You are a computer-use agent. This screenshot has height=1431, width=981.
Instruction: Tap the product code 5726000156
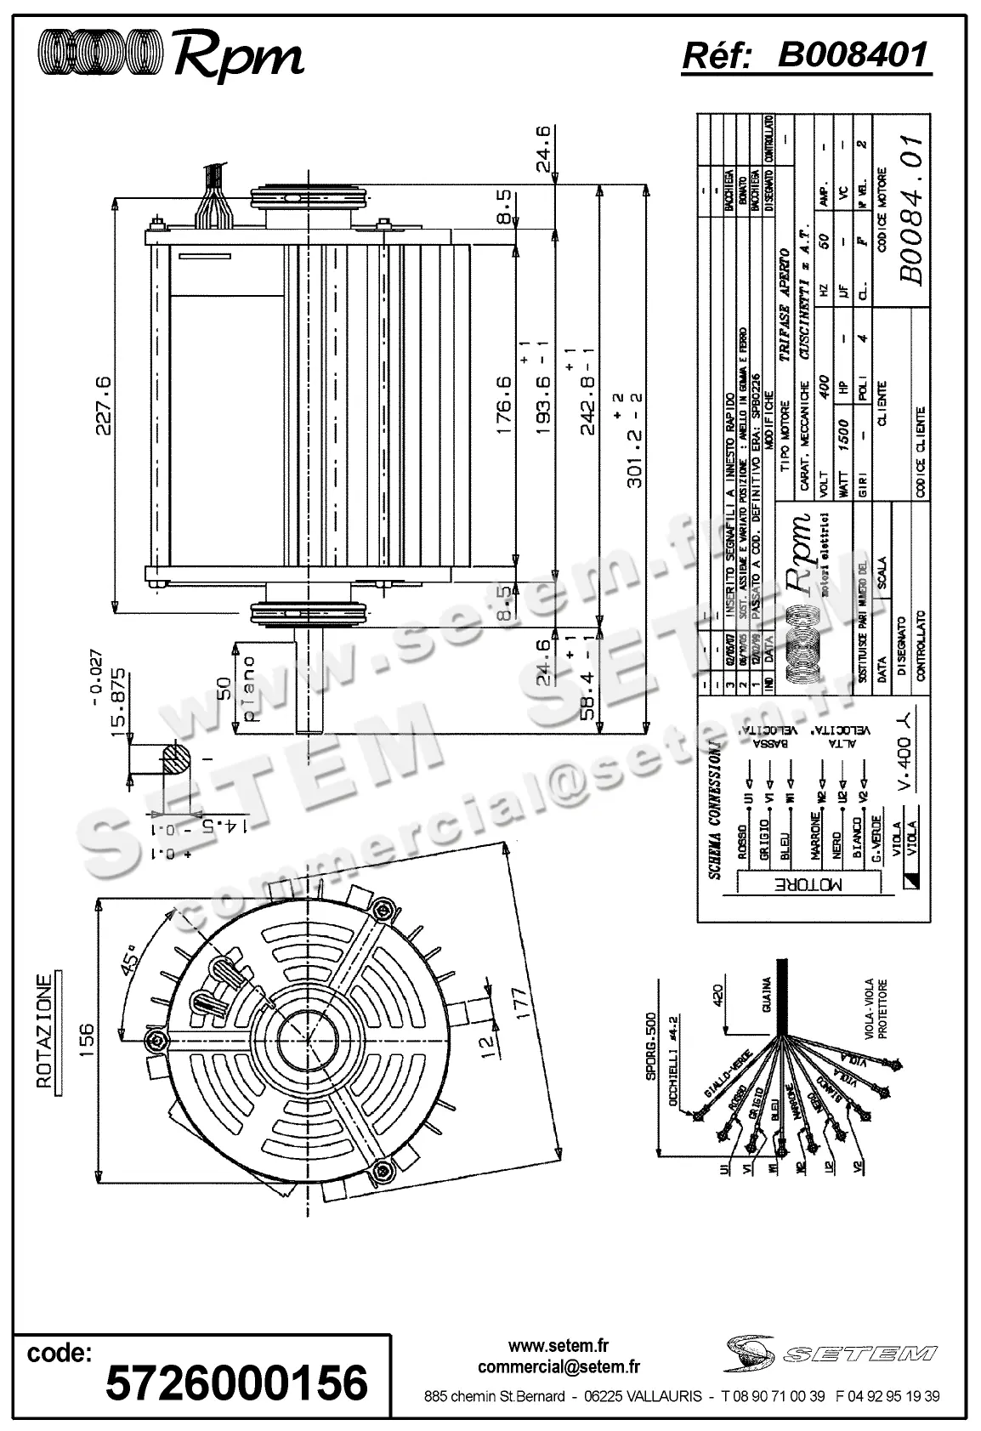coord(235,1383)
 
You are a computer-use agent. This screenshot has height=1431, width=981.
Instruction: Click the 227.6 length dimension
coord(102,405)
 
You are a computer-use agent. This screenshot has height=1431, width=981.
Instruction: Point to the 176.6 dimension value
coord(503,405)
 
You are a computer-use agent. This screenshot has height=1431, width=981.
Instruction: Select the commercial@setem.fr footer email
coord(559,1367)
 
